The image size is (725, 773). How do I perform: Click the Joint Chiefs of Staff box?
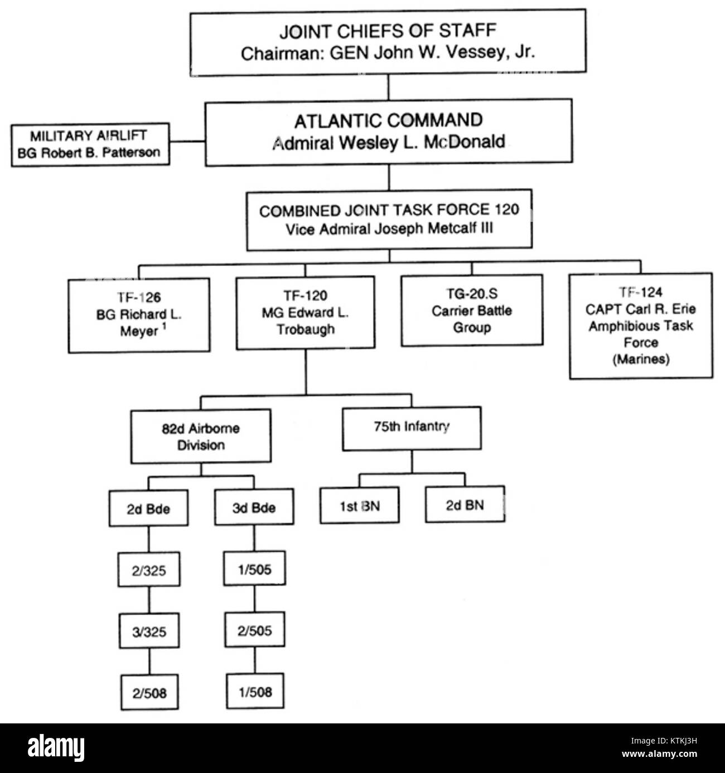pos(388,42)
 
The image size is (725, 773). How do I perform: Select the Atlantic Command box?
pos(389,132)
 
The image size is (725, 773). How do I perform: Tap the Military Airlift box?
pos(90,144)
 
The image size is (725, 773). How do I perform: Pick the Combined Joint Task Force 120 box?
pos(389,220)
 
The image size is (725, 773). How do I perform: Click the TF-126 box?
pos(139,314)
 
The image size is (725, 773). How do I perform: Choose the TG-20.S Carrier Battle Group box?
pos(471,310)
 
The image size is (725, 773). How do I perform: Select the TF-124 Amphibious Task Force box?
pos(640,326)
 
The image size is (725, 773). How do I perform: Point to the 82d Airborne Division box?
pos(201,436)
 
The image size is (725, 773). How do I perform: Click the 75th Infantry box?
pos(412,428)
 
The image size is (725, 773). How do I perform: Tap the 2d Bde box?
pos(148,508)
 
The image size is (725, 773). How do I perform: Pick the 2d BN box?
pos(465,504)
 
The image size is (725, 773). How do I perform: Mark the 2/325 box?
pos(149,570)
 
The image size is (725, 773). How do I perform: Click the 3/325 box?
pos(149,631)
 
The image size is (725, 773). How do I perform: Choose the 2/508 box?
pos(149,693)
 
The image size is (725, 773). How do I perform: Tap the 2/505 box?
pos(255,630)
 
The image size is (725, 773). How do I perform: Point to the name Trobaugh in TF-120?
pos(306,329)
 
